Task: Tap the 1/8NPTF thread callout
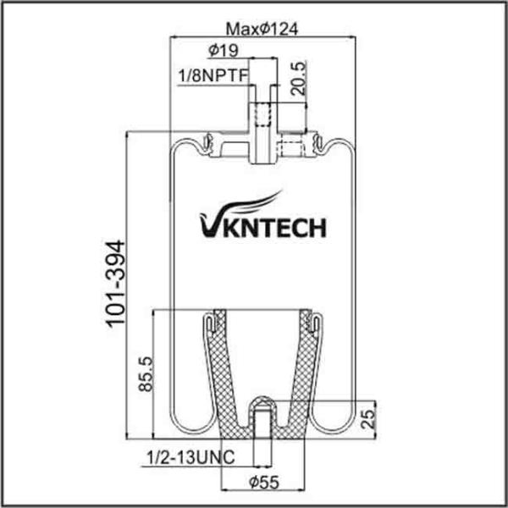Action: pyautogui.click(x=212, y=77)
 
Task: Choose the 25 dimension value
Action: pyautogui.click(x=366, y=418)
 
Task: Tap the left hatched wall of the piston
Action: pyautogui.click(x=224, y=373)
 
